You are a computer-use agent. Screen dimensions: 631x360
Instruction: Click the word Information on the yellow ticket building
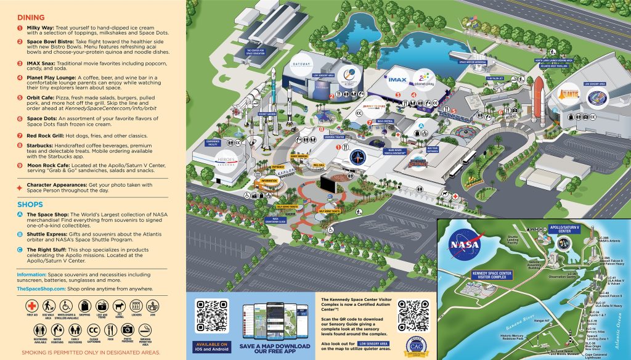[269, 180]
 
